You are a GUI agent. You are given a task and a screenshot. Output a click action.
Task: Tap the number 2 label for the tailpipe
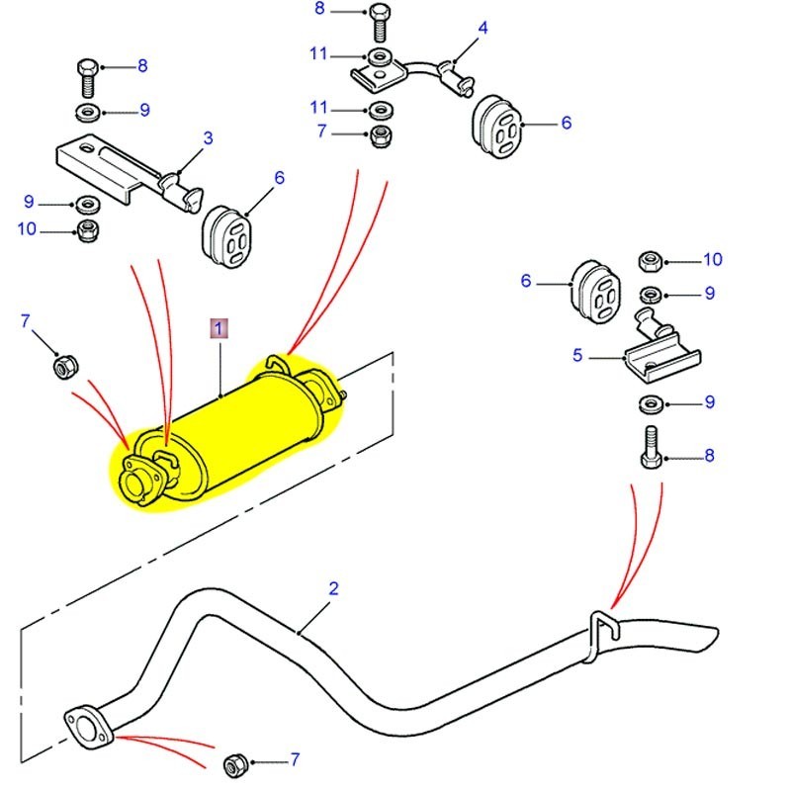click(333, 588)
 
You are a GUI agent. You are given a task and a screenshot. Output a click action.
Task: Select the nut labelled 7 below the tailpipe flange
click(235, 763)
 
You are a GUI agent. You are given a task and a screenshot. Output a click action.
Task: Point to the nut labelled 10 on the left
click(87, 231)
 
